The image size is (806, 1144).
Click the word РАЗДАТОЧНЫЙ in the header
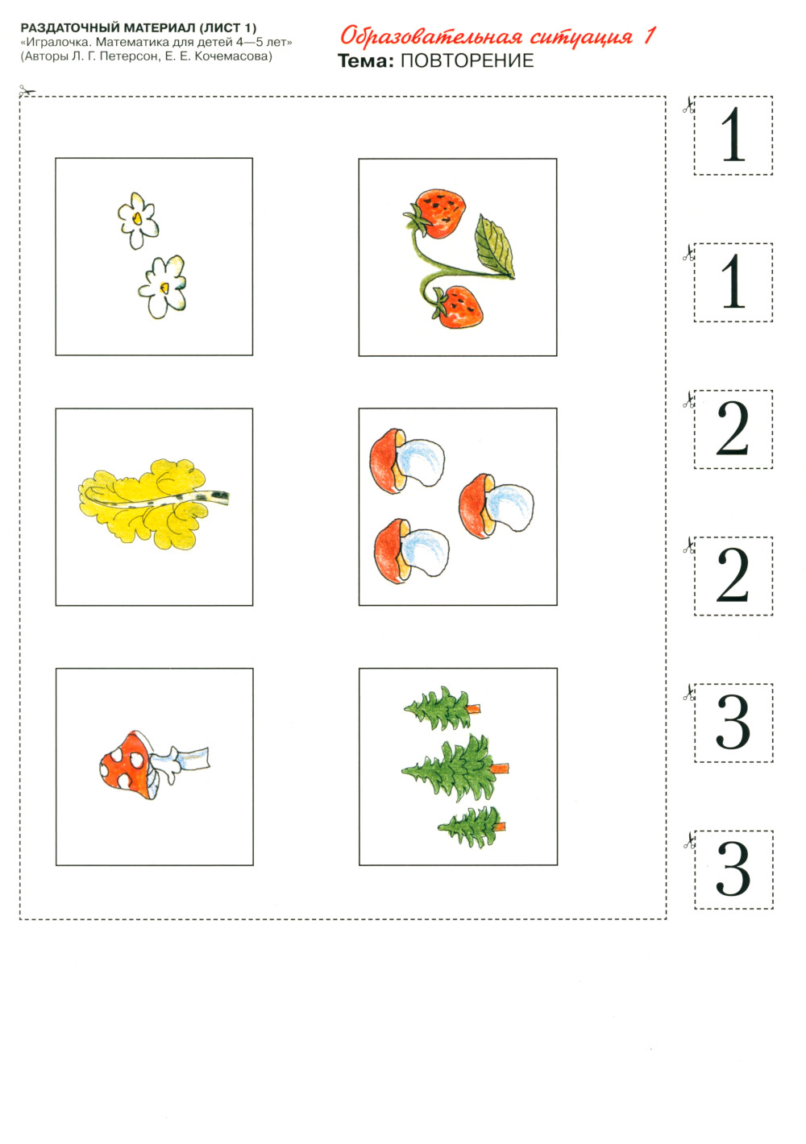pos(72,27)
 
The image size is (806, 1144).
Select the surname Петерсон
pos(129,56)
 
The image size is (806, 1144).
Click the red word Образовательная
pos(432,37)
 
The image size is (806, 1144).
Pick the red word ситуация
pos(581,37)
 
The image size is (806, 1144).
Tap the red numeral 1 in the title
pos(649,35)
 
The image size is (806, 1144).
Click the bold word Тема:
pos(366,60)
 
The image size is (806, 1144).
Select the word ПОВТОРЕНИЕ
pos(467,60)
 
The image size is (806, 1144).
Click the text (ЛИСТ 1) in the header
pos(227,27)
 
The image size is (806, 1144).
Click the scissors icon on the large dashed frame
pos(27,91)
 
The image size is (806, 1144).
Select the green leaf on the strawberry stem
pos(494,247)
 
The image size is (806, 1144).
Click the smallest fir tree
pos(471,827)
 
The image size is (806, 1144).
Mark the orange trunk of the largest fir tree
pos(500,768)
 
